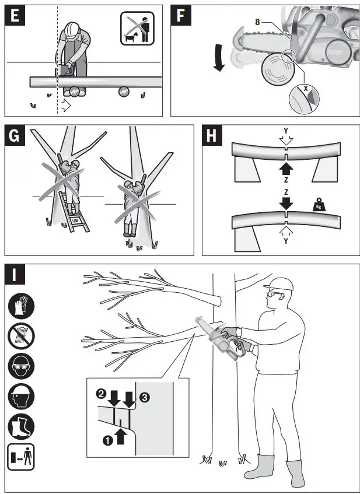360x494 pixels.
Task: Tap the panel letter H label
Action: click(x=211, y=138)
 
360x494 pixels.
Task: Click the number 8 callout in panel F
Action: click(x=257, y=22)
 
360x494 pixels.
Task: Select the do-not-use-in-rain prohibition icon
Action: click(x=21, y=337)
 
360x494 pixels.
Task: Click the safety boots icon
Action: click(x=21, y=428)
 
